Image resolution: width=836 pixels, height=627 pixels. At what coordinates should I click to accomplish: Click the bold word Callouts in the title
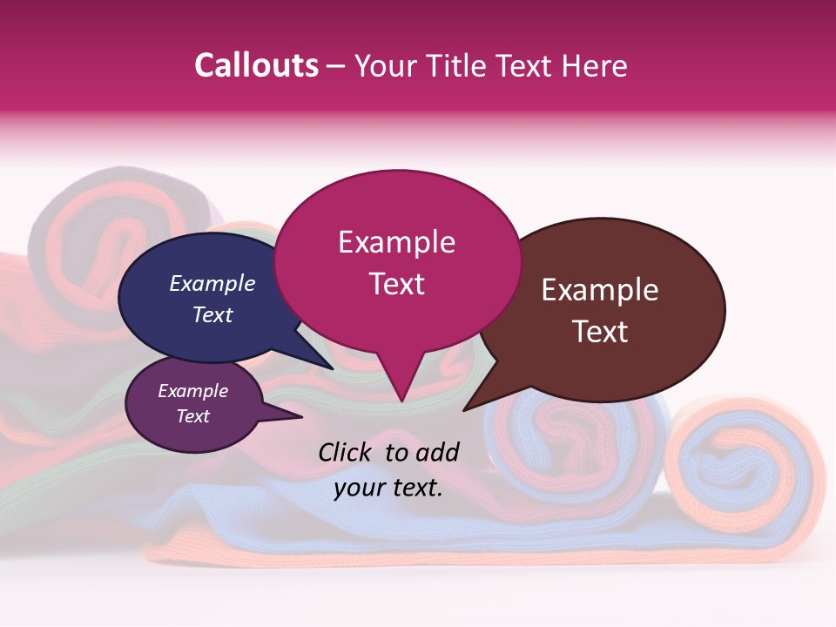[256, 65]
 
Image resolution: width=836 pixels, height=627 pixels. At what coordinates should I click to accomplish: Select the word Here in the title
[594, 65]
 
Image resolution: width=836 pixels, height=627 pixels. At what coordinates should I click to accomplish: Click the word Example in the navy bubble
[212, 283]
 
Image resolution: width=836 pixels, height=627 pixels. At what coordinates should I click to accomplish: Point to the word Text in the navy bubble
[212, 314]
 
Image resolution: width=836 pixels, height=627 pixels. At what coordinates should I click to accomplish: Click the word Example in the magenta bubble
[396, 242]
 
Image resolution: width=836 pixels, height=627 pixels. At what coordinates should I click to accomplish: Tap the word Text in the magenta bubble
[396, 284]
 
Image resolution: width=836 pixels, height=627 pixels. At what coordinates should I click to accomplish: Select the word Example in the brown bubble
[600, 290]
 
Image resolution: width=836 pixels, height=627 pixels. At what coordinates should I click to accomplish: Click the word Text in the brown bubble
[600, 332]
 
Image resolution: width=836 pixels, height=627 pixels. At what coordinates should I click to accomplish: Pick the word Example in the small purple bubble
[193, 391]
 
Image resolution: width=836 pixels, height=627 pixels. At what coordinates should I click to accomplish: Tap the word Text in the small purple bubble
[193, 416]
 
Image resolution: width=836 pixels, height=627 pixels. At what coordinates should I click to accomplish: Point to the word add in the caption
[436, 452]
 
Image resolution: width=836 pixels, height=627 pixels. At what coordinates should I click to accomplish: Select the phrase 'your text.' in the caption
[388, 488]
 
